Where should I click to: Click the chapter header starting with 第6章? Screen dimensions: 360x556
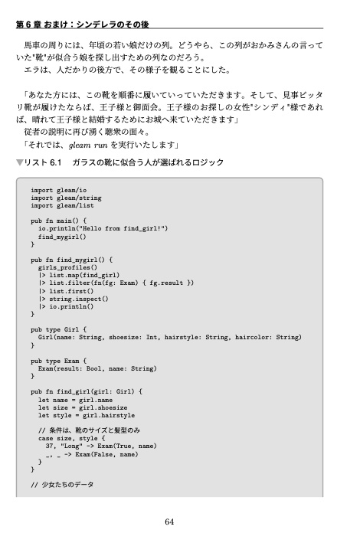(x=91, y=24)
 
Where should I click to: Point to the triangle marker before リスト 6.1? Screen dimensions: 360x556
(x=20, y=163)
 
